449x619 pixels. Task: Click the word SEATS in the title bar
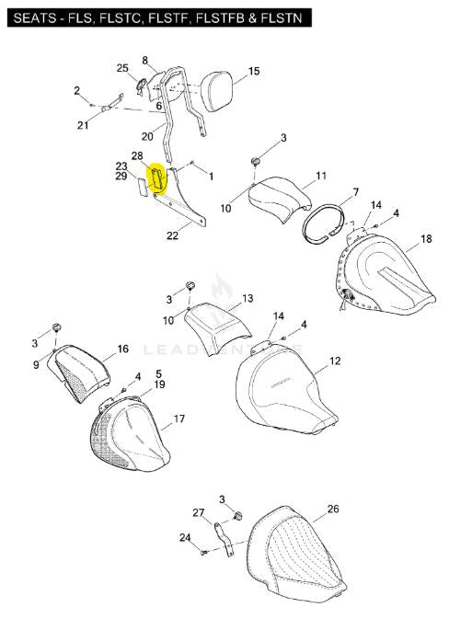coord(34,18)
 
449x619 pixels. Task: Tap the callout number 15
coord(254,72)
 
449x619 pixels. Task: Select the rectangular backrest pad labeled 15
coord(216,92)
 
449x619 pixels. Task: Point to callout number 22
coord(172,235)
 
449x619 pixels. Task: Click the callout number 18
coord(426,239)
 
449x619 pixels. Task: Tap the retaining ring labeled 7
coord(324,224)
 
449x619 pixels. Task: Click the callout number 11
coord(321,176)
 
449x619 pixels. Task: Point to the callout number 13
coord(248,298)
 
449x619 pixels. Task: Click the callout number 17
coord(178,418)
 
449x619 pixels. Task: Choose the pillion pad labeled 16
coord(79,372)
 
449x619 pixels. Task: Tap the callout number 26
coord(333,509)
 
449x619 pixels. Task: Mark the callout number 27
coord(198,513)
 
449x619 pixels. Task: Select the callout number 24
coord(185,538)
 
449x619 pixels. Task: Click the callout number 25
coord(122,68)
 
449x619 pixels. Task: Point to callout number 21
coord(83,125)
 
